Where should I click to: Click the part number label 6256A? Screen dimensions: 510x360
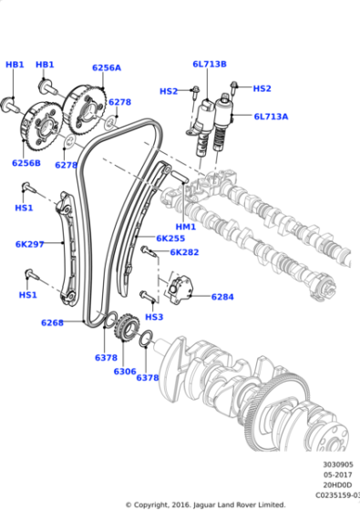click(x=107, y=67)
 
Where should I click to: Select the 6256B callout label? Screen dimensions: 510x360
click(x=26, y=163)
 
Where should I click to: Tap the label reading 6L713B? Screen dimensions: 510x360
click(x=209, y=64)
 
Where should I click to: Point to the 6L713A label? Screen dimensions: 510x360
click(x=270, y=117)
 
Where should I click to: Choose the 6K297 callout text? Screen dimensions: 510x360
click(x=29, y=243)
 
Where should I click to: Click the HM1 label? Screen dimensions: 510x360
click(x=185, y=226)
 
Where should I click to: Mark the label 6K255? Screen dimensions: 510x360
click(x=170, y=239)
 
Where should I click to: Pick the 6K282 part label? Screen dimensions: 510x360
click(x=184, y=251)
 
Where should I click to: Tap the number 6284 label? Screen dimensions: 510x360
click(x=222, y=297)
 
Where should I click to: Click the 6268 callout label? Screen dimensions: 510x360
click(x=53, y=322)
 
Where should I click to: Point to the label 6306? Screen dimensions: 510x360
click(x=125, y=372)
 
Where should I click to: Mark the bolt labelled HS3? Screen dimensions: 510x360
click(x=149, y=295)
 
